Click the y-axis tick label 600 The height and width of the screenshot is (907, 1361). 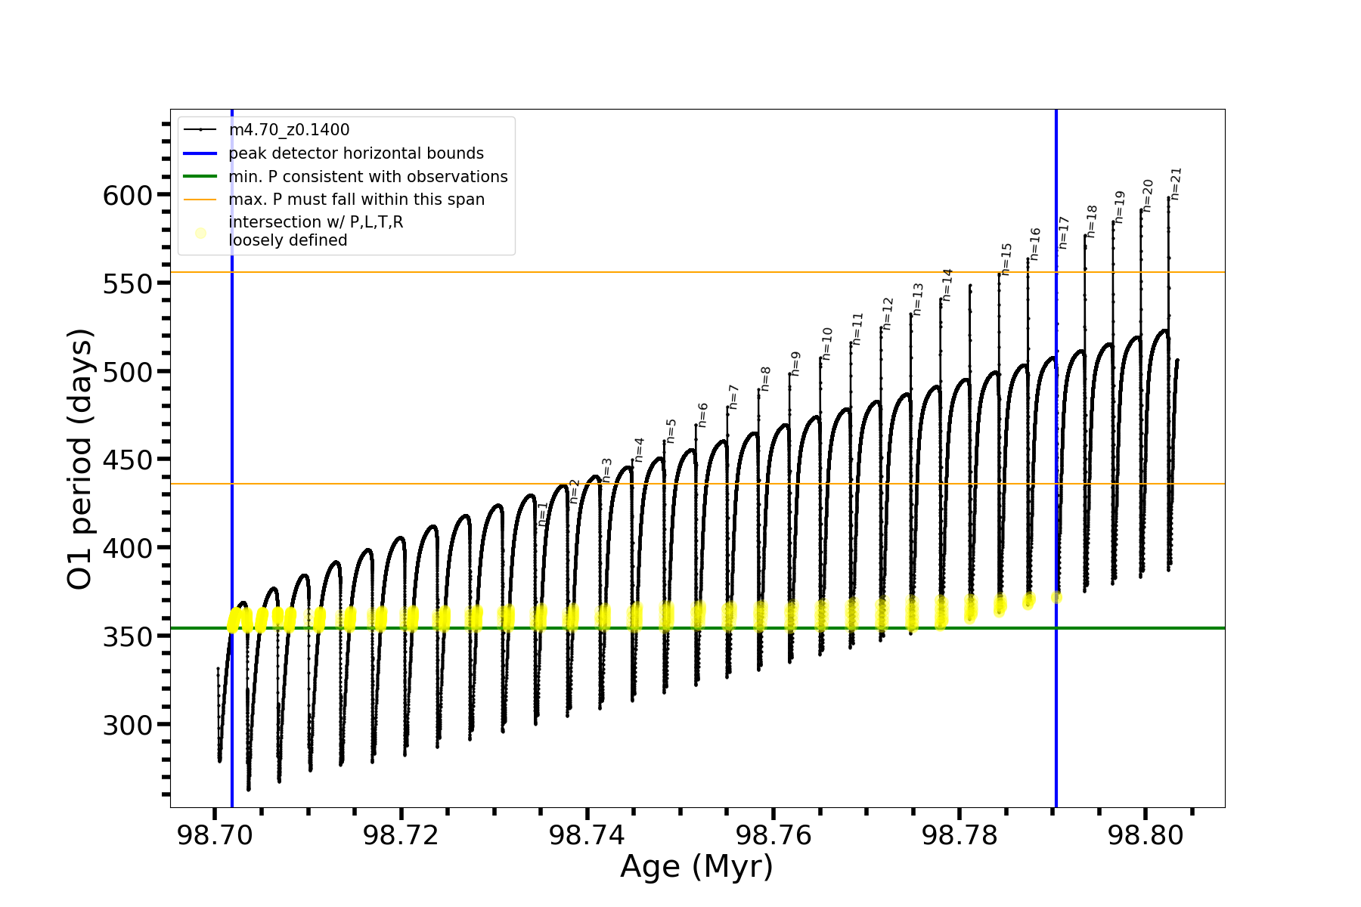[x=127, y=196]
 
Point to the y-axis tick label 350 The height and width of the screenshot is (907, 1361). [x=127, y=636]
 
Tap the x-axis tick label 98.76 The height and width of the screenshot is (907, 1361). [x=773, y=835]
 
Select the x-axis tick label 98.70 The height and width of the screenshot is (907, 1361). [x=215, y=835]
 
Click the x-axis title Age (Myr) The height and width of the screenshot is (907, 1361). [x=696, y=867]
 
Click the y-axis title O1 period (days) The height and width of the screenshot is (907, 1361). [x=80, y=459]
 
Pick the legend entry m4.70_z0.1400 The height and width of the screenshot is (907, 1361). [x=289, y=130]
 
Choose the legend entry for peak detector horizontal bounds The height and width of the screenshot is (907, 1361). [x=355, y=153]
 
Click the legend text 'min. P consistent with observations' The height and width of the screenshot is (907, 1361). [x=367, y=177]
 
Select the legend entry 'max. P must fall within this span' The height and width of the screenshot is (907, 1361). [x=356, y=200]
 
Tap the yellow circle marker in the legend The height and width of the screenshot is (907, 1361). [x=200, y=233]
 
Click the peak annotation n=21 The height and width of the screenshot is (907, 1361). [x=1176, y=184]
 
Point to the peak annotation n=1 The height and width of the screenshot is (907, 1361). [x=542, y=513]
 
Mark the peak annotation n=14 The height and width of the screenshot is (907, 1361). [x=947, y=285]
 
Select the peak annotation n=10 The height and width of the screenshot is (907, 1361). [x=826, y=343]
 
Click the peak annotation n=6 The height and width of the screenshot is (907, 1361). [x=702, y=415]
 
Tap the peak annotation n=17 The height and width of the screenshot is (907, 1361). [x=1064, y=233]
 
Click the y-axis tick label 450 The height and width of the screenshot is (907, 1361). [x=127, y=460]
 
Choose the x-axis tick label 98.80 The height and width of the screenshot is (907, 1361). [x=1145, y=835]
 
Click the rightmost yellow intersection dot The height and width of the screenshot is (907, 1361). [x=1056, y=597]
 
